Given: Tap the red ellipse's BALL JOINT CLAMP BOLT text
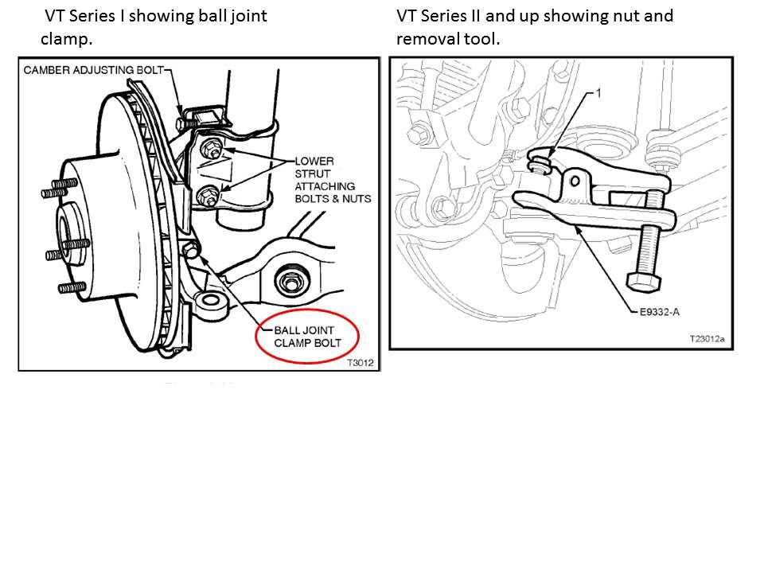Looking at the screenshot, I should pos(307,337).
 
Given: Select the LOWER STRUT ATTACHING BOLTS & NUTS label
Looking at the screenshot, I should pos(332,179).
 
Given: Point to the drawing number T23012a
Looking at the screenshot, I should pos(707,339).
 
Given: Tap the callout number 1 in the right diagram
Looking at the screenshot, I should pos(598,93).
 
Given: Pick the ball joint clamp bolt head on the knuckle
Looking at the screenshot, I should pos(191,251).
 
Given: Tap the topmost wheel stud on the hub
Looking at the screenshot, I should pos(54,189).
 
